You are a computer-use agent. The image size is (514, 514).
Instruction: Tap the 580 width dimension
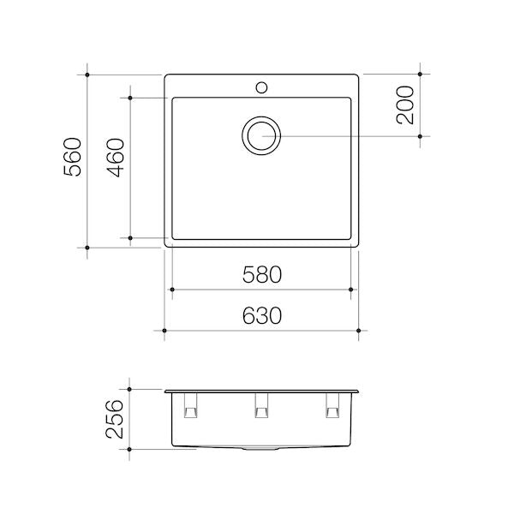(x=261, y=275)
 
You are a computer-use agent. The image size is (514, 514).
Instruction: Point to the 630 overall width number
(x=261, y=315)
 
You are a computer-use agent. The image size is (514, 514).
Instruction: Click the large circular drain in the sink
(x=260, y=136)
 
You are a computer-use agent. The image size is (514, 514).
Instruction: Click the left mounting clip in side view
(x=190, y=408)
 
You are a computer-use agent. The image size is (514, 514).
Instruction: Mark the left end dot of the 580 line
(x=173, y=290)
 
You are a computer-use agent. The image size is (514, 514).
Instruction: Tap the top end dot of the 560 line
(x=89, y=75)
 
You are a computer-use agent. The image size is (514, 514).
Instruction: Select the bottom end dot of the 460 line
(x=130, y=237)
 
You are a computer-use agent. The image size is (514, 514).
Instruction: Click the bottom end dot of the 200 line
(x=420, y=136)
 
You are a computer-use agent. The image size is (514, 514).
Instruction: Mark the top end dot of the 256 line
(x=129, y=389)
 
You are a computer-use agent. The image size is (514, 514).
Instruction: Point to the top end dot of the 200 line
(x=420, y=75)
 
